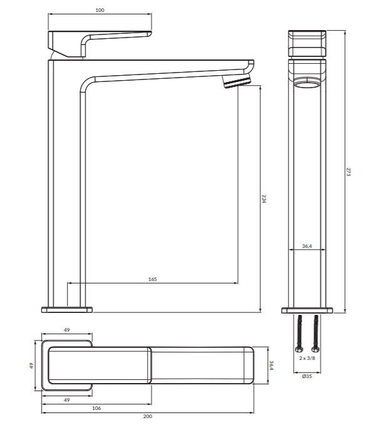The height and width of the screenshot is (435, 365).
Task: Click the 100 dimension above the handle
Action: (x=100, y=10)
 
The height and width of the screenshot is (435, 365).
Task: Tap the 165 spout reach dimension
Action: (x=152, y=279)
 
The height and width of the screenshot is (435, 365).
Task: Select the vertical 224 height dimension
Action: (x=264, y=199)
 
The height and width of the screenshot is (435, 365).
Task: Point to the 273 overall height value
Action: (x=349, y=171)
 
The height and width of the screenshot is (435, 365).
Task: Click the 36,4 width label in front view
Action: (x=307, y=246)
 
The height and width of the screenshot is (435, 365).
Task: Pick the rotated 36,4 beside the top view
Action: (x=272, y=365)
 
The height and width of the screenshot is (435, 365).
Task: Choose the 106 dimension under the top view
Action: (x=96, y=408)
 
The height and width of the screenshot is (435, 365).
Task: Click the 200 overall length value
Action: (x=147, y=416)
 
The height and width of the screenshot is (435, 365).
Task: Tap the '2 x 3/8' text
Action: (x=307, y=358)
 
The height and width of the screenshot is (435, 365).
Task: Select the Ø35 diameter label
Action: (x=307, y=376)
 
